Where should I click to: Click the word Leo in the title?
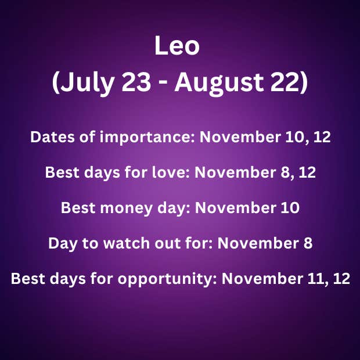[x=177, y=45]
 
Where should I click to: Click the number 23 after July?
[x=136, y=82]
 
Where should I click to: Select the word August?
[x=219, y=83]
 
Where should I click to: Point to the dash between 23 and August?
[x=163, y=84]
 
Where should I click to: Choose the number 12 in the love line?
[x=307, y=172]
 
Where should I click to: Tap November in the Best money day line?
[x=236, y=208]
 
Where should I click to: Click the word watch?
[x=127, y=243]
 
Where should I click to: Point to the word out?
[x=167, y=244]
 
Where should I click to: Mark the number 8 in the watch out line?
[x=308, y=243]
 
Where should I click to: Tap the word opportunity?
[x=167, y=279]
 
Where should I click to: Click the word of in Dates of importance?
[x=87, y=137]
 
